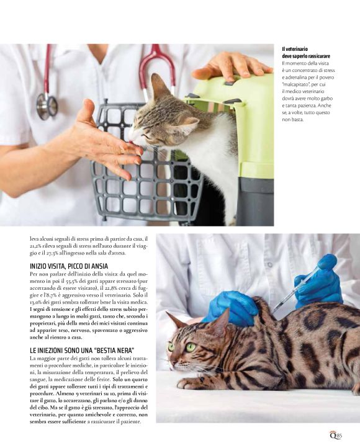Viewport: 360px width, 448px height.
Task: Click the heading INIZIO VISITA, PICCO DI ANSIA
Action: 69,266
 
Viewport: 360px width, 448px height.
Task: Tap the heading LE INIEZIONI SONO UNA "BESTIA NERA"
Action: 82,351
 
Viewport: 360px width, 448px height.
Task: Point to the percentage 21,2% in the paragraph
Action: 35,246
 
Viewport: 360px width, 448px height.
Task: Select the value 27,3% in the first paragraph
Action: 53,253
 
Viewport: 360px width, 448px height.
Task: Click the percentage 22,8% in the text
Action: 113,288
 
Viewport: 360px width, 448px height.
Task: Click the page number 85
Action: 339,436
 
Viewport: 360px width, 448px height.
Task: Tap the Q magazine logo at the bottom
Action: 333,435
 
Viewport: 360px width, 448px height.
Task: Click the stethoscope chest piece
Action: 47,105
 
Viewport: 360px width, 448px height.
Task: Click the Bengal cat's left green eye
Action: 191,347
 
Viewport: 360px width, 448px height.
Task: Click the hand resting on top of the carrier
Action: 232,66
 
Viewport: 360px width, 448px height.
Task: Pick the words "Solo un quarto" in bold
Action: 130,379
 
